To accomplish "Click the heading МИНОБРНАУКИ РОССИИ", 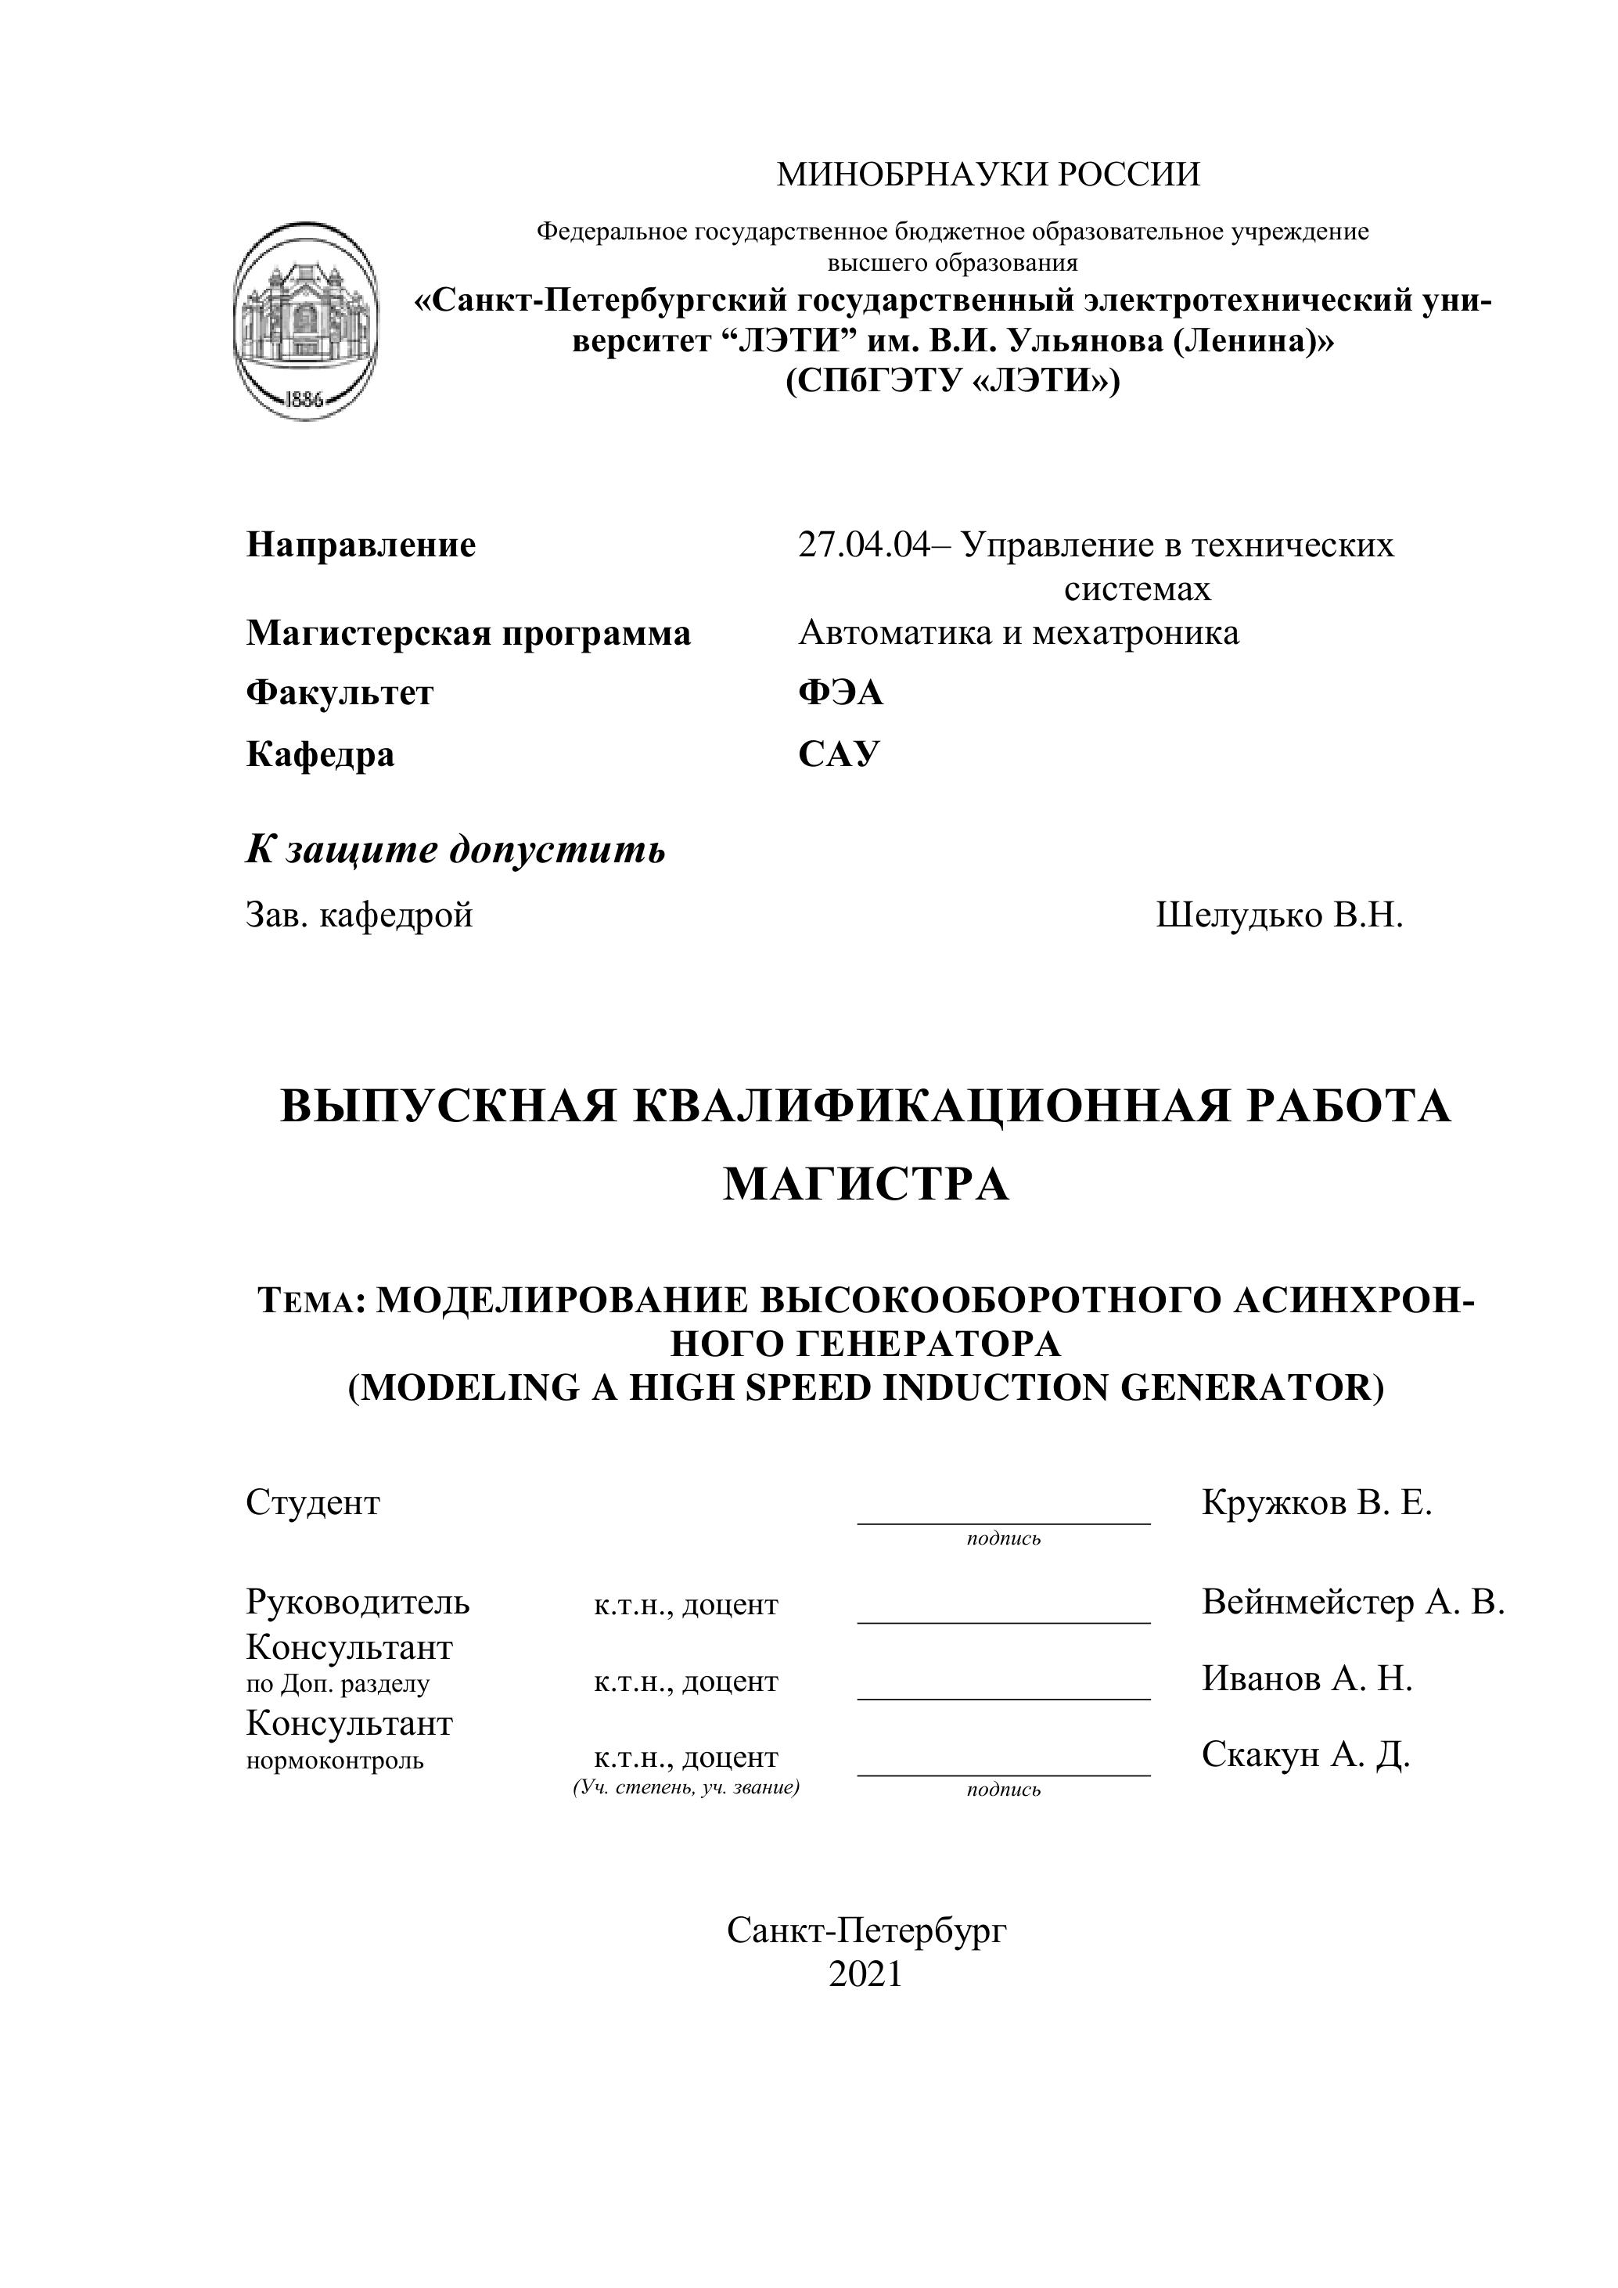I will (x=988, y=174).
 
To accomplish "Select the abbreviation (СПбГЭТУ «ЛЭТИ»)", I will (x=952, y=380).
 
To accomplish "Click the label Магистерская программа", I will (x=468, y=633).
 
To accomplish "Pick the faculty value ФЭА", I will (x=840, y=693).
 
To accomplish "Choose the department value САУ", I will (x=839, y=754).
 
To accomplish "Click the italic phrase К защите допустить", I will (x=455, y=849).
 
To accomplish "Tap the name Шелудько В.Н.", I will (x=1279, y=915).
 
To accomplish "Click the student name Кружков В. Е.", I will (x=1316, y=1502).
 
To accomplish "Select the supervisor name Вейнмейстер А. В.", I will (x=1352, y=1602).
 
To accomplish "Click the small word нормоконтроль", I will (x=335, y=1761).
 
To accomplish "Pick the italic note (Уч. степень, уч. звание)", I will (x=685, y=1786).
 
